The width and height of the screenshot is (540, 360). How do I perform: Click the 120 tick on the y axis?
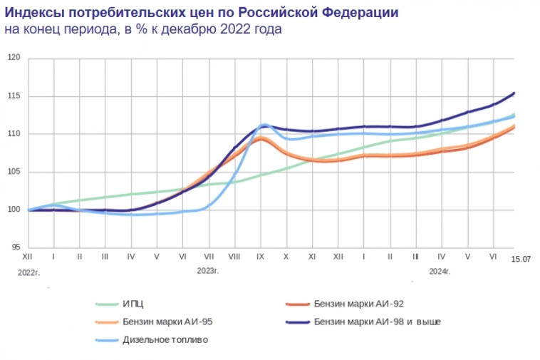click(13, 58)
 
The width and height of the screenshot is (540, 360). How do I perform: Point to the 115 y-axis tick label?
click(13, 96)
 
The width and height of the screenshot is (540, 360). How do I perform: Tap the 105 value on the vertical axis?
click(13, 172)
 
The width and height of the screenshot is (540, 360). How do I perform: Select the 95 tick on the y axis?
click(14, 247)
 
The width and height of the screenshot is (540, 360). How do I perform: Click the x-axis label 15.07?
click(521, 259)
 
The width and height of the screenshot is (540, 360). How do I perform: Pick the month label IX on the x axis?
click(260, 256)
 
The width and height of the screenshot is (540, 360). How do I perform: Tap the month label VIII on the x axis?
click(234, 256)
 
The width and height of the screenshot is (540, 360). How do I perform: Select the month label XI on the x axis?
click(312, 256)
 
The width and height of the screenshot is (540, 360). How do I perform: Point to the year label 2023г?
click(208, 271)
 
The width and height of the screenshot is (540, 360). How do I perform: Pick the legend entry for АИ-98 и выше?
click(377, 322)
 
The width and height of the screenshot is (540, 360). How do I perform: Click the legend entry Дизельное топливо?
click(165, 340)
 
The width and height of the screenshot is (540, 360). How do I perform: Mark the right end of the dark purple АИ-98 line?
click(514, 93)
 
